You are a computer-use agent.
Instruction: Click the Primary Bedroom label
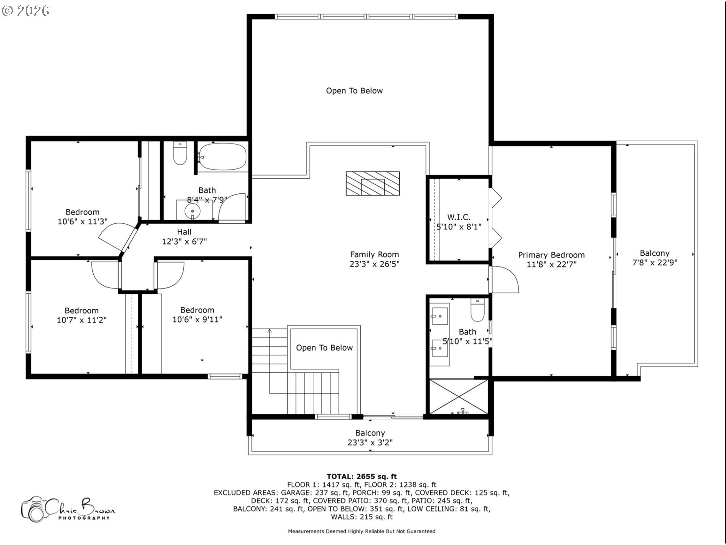tap(551, 255)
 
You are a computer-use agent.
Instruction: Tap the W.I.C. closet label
tap(459, 217)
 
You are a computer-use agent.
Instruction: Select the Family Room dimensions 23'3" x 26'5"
tap(374, 264)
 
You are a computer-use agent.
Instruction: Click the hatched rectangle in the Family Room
tap(372, 184)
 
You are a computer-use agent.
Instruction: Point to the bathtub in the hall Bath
tap(223, 157)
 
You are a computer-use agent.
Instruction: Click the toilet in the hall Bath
tap(180, 154)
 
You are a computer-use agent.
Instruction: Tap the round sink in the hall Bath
tap(193, 210)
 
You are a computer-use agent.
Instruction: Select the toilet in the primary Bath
tap(477, 310)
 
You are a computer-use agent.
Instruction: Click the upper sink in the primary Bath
tap(439, 315)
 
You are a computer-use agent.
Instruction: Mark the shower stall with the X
tap(458, 397)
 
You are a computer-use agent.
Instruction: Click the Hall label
tap(184, 232)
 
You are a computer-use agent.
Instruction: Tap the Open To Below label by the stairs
tap(324, 348)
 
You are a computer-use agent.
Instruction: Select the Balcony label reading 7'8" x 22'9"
tap(655, 258)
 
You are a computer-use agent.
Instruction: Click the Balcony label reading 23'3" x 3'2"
tap(370, 438)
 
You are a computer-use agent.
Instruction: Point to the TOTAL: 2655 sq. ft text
tap(361, 476)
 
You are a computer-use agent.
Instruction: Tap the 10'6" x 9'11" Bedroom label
tap(197, 315)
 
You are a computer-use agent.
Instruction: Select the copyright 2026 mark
tap(26, 11)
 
